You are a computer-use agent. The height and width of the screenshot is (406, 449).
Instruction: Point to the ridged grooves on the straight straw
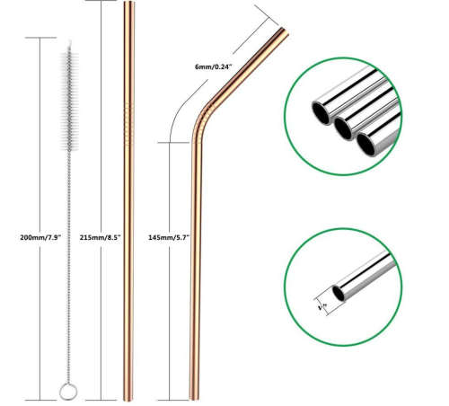click(128, 120)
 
